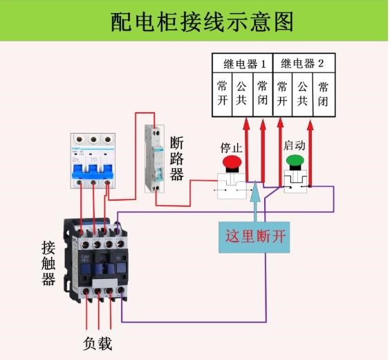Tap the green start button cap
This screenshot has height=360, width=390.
coord(296,161)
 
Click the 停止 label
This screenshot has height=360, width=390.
coord(231,147)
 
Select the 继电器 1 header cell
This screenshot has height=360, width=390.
coord(244,64)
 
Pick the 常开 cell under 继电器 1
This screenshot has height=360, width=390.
coord(222,93)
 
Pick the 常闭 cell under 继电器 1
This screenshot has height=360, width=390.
coord(262,93)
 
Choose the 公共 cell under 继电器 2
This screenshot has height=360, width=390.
coord(302,93)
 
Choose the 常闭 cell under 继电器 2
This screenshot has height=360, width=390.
coord(323,93)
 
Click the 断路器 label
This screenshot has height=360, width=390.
coord(177,159)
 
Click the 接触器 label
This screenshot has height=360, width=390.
coord(48,263)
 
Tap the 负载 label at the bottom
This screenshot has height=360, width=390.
coord(98,343)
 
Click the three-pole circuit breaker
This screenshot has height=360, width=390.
coord(93,159)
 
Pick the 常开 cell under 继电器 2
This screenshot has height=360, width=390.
coord(281,93)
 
